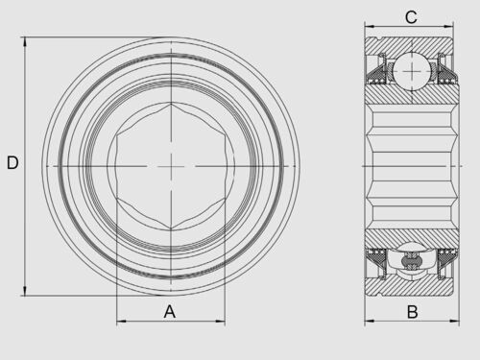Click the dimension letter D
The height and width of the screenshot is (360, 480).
pyautogui.click(x=12, y=162)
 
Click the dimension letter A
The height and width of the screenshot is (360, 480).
pyautogui.click(x=170, y=311)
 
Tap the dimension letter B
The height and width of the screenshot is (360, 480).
pyautogui.click(x=413, y=312)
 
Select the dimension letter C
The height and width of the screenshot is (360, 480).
pyautogui.click(x=411, y=17)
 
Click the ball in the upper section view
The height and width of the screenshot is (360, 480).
pyautogui.click(x=412, y=71)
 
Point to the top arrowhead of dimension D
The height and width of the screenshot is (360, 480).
pyautogui.click(x=25, y=42)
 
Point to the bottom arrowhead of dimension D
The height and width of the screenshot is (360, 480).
pyautogui.click(x=25, y=291)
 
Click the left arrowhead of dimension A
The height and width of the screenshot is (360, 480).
pyautogui.click(x=122, y=321)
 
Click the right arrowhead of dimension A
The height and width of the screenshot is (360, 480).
pyautogui.click(x=220, y=321)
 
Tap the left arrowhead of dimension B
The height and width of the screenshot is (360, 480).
pyautogui.click(x=370, y=321)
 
